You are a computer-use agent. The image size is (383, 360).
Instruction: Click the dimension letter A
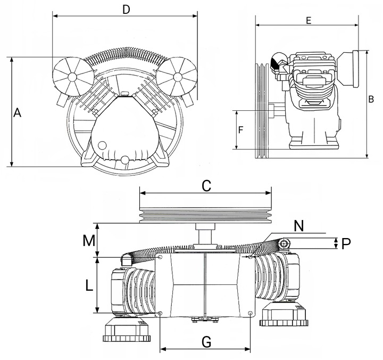point(17,112)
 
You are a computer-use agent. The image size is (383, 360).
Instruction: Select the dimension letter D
point(126,10)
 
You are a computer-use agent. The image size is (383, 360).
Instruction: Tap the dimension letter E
point(309,21)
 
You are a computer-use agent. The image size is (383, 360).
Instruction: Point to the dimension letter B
point(371,100)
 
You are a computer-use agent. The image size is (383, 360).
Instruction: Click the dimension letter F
point(240,130)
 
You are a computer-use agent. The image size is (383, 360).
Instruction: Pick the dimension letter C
point(206,186)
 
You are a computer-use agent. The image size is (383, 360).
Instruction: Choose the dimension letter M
point(89,241)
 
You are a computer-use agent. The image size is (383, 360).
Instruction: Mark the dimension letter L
point(89,285)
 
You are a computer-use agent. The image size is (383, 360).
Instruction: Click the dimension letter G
point(206,342)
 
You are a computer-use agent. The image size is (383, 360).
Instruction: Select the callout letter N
point(298,225)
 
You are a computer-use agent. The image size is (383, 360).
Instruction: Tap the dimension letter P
point(346,243)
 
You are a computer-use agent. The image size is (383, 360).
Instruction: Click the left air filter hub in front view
point(72,77)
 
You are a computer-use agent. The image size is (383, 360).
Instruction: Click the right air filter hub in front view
point(178,77)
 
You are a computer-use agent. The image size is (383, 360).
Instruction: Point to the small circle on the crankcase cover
point(102,146)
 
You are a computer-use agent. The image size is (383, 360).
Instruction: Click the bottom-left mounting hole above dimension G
point(160,313)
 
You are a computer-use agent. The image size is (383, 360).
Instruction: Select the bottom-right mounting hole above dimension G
point(250,313)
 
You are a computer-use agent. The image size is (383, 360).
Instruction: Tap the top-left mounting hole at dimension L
point(160,257)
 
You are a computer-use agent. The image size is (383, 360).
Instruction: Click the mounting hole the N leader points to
point(251,257)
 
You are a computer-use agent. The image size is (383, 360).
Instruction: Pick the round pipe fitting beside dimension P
point(285,244)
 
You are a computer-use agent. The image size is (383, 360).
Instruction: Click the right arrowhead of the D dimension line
point(195,16)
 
